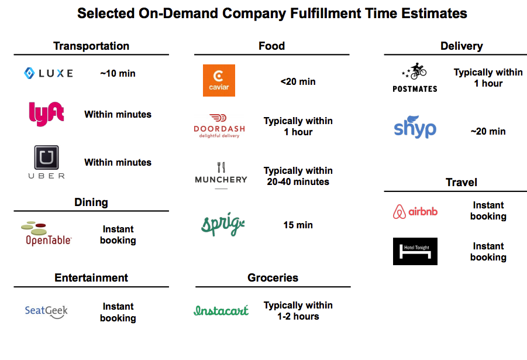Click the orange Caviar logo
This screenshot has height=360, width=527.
pos(219,80)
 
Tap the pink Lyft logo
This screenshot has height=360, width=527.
pos(46,114)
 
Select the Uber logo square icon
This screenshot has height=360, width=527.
pos(46,157)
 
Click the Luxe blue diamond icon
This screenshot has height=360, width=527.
pos(29,73)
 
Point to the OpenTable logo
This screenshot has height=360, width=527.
pos(46,234)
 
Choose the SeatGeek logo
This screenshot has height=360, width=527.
pos(46,311)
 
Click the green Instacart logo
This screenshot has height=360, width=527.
pos(221,310)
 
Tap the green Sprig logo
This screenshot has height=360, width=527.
pos(223,224)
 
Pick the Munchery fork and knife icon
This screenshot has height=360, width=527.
pos(221,167)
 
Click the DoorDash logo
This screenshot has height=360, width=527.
pos(219,126)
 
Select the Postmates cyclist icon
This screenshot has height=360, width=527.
pos(415,71)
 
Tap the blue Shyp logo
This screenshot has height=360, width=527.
pos(415,127)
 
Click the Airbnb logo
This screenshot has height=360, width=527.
pos(415,212)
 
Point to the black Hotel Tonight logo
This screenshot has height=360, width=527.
pos(415,251)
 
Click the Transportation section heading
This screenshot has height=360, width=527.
pos(91,46)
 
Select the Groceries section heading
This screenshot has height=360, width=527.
pos(273,277)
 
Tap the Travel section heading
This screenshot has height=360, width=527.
pos(461,182)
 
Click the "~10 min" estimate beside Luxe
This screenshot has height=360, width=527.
pos(118,73)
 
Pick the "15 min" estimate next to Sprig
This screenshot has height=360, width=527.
pos(298,225)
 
